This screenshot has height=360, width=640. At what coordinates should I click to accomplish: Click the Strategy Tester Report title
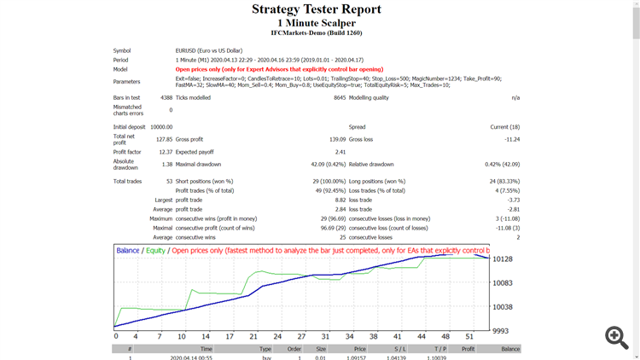tap(317, 9)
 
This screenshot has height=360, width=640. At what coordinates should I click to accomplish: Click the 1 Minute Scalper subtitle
tap(317, 22)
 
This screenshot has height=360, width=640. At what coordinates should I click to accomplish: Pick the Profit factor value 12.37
tap(166, 152)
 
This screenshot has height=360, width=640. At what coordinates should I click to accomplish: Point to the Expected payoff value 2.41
tap(340, 152)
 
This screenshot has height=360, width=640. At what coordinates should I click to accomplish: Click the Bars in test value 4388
tap(166, 98)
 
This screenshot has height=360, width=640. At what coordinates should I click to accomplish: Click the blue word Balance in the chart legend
tap(128, 251)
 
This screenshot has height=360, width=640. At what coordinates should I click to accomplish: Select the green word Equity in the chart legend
tap(156, 251)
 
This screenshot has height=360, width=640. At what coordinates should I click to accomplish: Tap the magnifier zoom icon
tap(617, 337)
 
